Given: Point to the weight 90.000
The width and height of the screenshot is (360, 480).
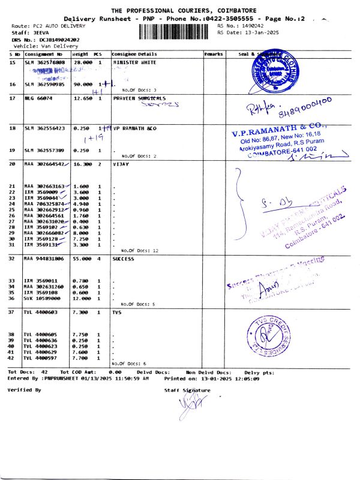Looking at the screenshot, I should point(82,85).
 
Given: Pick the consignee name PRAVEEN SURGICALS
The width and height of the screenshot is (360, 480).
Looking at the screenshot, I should point(139,98).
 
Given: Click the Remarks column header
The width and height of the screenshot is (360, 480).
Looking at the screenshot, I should point(214,54).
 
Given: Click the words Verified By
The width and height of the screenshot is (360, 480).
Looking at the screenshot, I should point(24,389).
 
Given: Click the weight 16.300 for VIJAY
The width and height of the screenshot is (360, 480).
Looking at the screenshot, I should point(82,163).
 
